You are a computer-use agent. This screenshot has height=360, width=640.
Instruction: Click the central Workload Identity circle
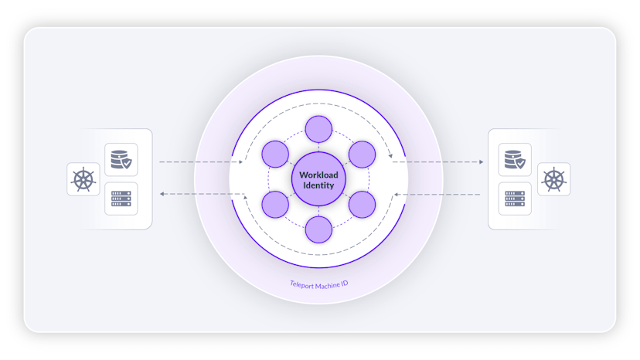click(318, 179)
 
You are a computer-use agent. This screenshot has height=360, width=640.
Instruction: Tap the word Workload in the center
click(318, 175)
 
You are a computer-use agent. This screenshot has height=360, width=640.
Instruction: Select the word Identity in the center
click(318, 185)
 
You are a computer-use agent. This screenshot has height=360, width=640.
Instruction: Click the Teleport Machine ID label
click(318, 284)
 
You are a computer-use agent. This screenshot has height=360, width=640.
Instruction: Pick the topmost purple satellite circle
click(318, 129)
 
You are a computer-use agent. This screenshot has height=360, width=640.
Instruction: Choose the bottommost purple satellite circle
click(318, 229)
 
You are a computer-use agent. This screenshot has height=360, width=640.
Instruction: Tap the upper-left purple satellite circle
click(275, 155)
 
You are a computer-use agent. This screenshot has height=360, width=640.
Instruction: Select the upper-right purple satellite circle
click(362, 155)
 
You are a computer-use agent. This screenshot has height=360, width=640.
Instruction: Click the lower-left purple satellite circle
click(275, 205)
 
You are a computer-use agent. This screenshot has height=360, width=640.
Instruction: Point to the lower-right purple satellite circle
click(362, 205)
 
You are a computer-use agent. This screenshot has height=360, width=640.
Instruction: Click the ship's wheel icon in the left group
click(83, 179)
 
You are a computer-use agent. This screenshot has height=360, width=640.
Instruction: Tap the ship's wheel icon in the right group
click(554, 179)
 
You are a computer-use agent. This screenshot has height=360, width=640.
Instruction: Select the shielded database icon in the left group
click(121, 160)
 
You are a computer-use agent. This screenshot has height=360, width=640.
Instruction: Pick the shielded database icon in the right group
click(515, 160)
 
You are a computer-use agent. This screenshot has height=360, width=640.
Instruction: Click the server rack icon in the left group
click(121, 199)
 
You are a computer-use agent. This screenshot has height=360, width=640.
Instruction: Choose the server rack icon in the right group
click(515, 199)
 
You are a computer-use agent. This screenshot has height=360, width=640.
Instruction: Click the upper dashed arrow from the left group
click(201, 162)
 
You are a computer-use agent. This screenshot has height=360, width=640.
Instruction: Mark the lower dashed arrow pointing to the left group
click(202, 194)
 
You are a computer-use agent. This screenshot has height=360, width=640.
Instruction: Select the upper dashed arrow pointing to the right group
click(438, 162)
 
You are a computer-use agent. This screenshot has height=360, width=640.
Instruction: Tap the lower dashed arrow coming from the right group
click(437, 194)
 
